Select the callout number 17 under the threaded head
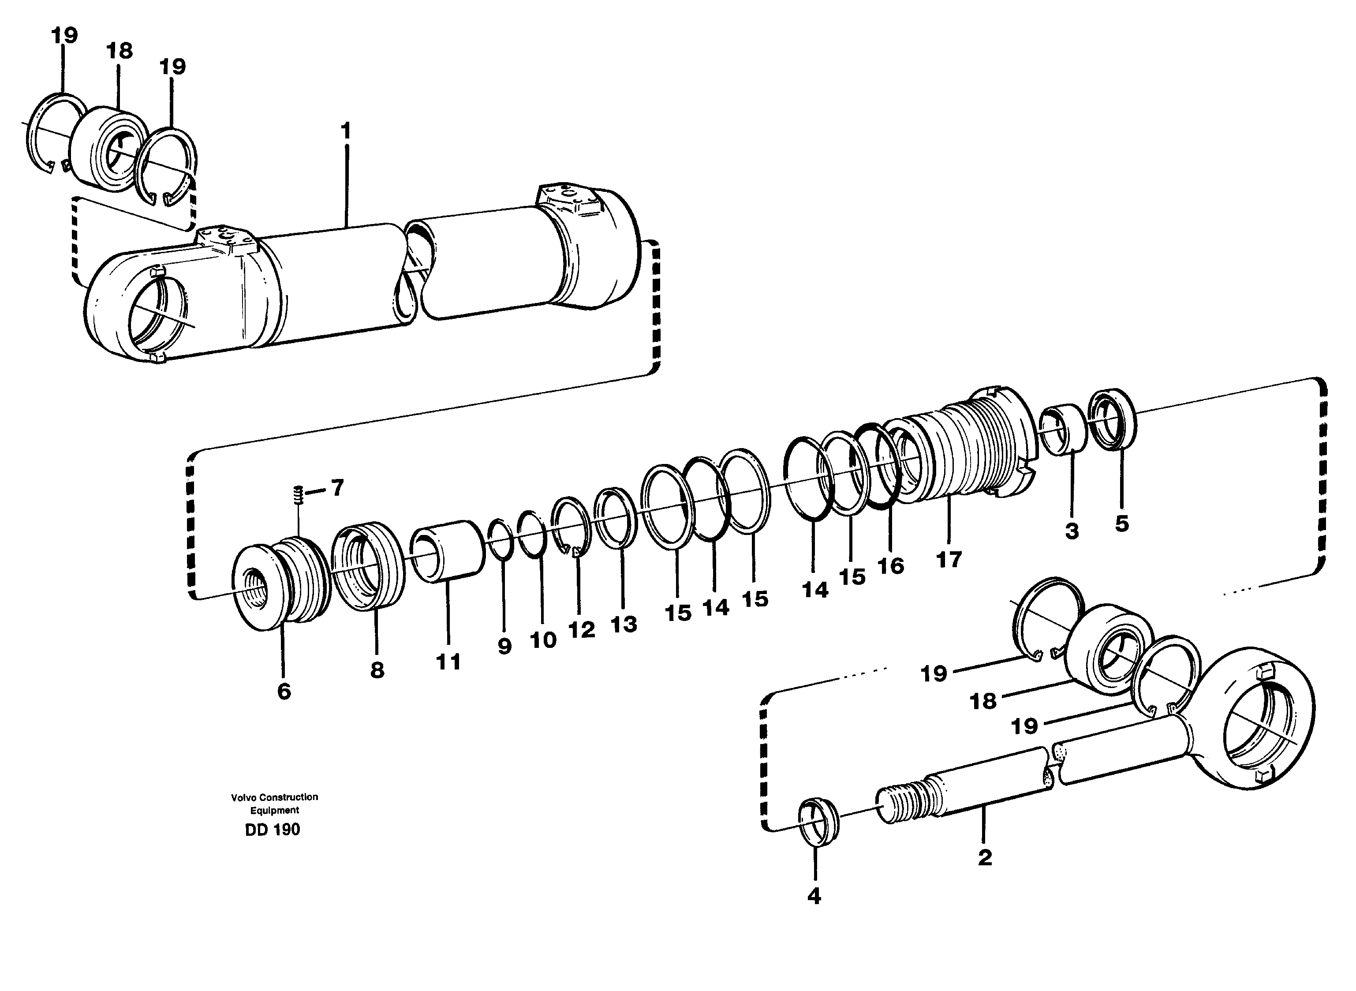(949, 559)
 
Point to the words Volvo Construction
(275, 797)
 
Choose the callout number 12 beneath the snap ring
(581, 629)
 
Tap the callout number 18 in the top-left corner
(120, 51)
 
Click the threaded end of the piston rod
(900, 805)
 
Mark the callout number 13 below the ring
(624, 624)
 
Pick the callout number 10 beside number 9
(543, 640)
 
